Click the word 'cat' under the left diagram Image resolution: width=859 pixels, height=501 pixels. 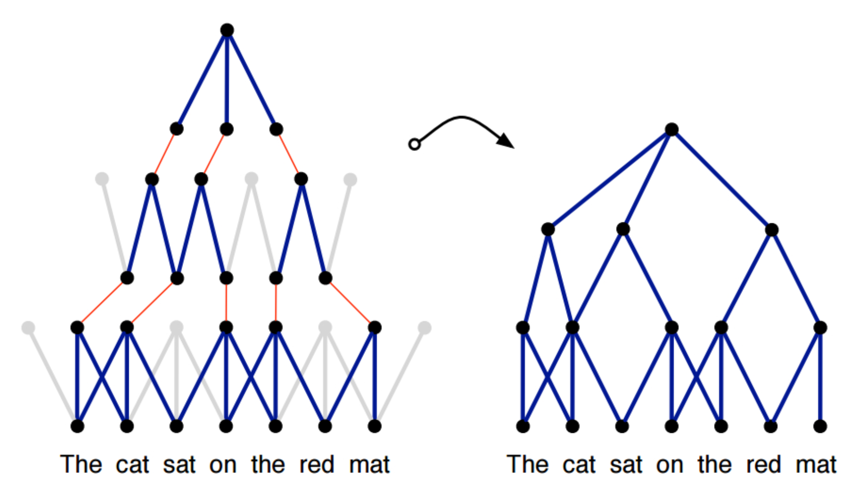click(x=132, y=465)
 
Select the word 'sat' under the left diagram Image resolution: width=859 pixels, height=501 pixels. click(x=179, y=465)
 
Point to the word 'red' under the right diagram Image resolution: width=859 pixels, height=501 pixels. click(x=764, y=465)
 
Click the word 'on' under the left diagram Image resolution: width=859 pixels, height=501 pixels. click(x=223, y=465)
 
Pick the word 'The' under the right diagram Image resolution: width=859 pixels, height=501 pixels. click(x=527, y=464)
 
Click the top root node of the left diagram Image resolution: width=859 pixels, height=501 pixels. click(x=227, y=30)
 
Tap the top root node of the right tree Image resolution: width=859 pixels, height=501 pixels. click(x=671, y=129)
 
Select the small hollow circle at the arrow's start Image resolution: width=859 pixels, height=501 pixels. click(x=414, y=144)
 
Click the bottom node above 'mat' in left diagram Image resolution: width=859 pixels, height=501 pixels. click(x=374, y=426)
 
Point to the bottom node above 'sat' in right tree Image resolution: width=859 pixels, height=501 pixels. click(x=622, y=426)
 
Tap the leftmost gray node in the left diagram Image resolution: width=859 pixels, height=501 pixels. click(x=28, y=328)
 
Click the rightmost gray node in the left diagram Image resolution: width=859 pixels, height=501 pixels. click(x=424, y=328)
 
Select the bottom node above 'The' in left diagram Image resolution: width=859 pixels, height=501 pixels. click(x=77, y=426)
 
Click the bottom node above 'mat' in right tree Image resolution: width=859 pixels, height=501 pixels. click(x=820, y=426)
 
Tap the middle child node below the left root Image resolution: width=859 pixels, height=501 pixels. click(x=226, y=129)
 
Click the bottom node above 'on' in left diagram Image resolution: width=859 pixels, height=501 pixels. click(x=226, y=426)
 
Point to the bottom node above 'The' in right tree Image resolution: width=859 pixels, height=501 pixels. click(x=523, y=426)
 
